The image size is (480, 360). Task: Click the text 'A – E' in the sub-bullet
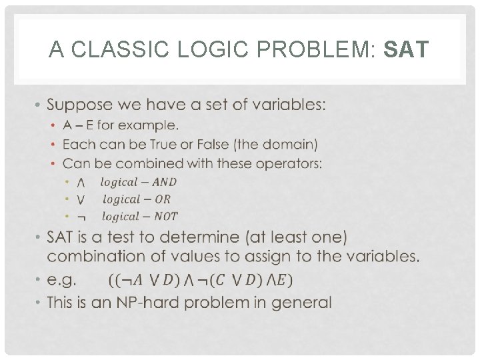[x=77, y=125]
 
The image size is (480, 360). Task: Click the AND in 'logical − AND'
[x=164, y=182]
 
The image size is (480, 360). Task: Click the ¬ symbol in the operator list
[x=80, y=217]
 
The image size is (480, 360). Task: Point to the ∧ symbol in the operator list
[x=80, y=182]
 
